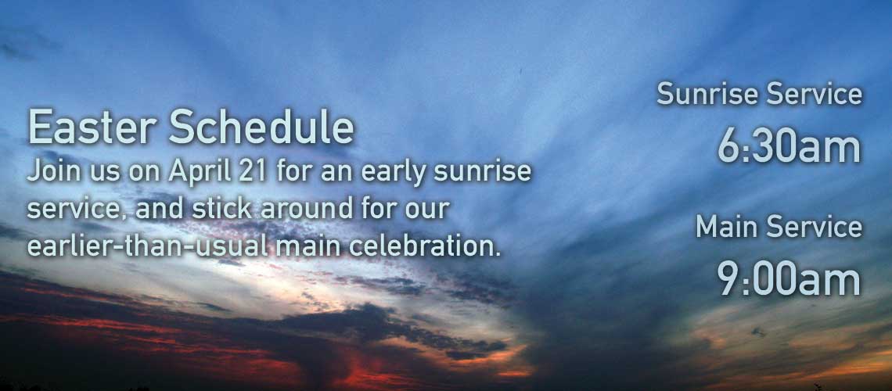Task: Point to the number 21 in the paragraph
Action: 254,171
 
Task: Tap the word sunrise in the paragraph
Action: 483,171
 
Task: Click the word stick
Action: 222,209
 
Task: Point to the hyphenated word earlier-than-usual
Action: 147,246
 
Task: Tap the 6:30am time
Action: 789,147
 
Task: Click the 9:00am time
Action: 789,278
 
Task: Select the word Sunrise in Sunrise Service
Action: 707,94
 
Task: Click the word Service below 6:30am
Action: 814,227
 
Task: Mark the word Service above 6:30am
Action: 814,94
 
